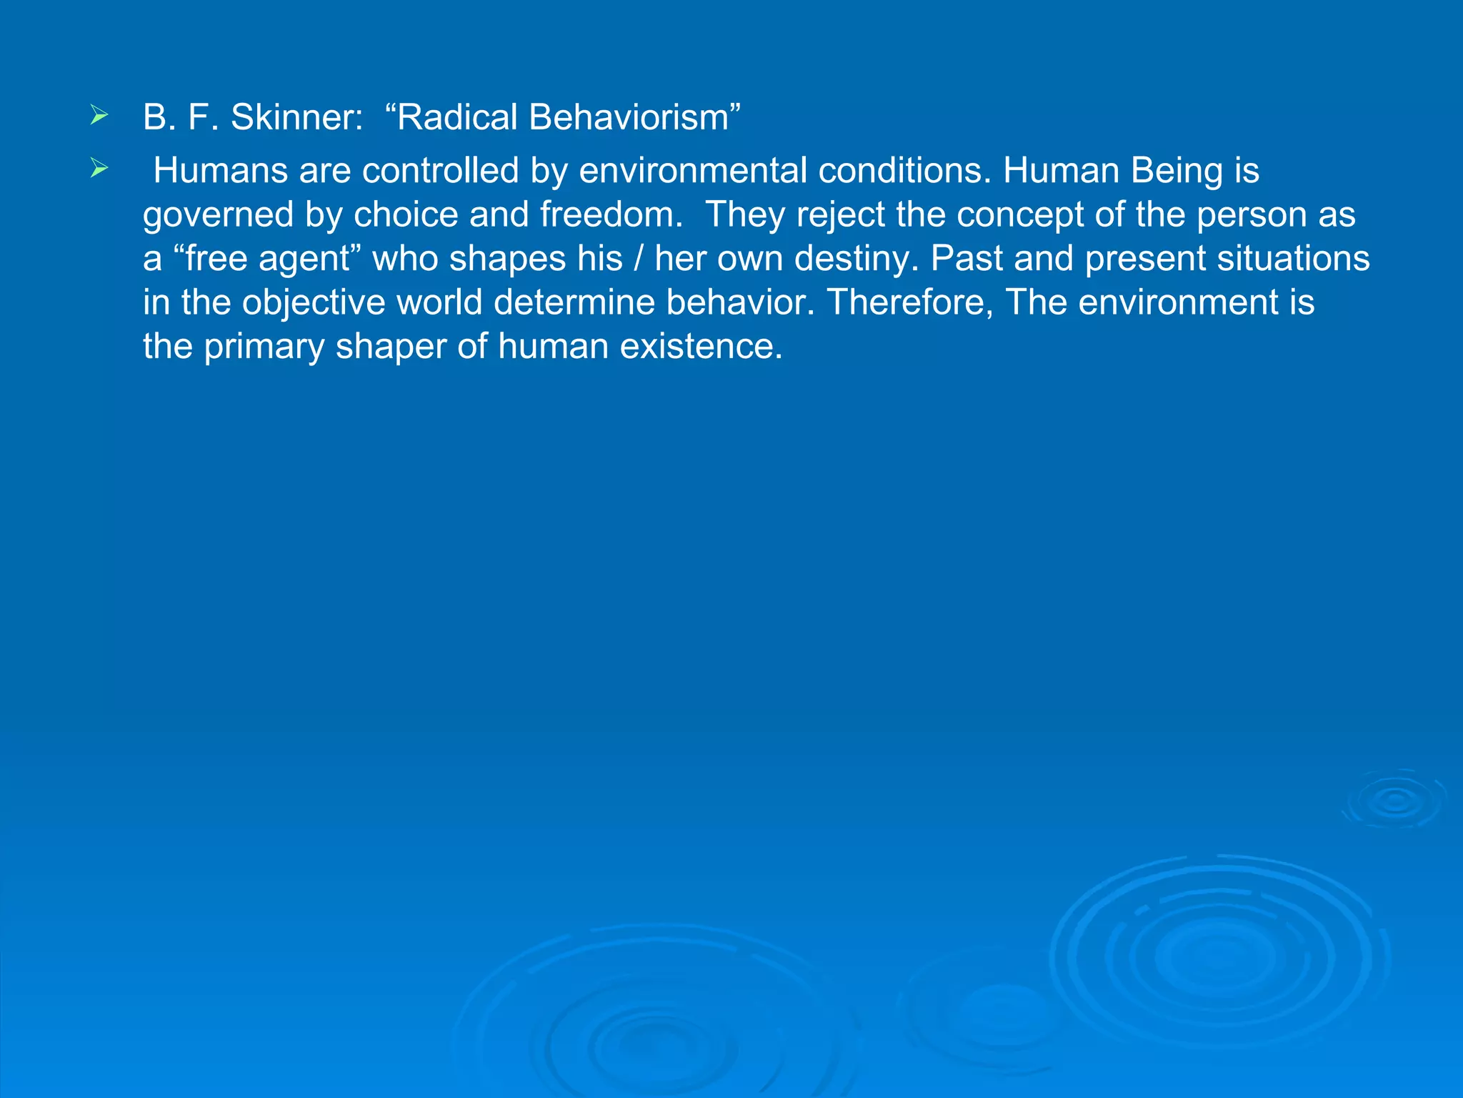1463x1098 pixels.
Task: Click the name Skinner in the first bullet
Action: click(x=296, y=117)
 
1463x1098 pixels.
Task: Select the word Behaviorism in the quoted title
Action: click(x=628, y=117)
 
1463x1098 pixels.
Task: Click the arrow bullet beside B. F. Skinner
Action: click(x=99, y=116)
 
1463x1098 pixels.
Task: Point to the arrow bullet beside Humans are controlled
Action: click(x=99, y=169)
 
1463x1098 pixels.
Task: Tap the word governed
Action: click(x=218, y=215)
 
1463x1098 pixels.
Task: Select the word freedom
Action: click(x=611, y=214)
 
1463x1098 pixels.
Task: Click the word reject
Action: click(x=839, y=215)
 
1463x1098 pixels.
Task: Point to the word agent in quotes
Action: click(x=305, y=259)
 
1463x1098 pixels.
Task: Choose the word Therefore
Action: click(x=910, y=302)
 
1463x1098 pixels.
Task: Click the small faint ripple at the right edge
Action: click(x=1394, y=800)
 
